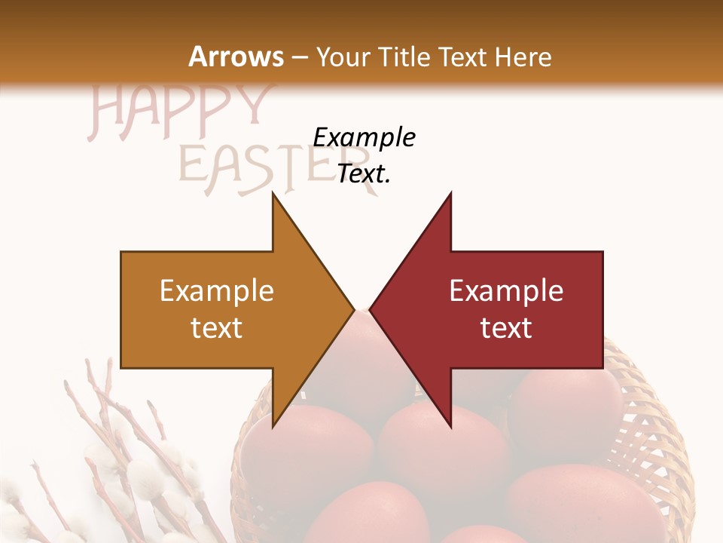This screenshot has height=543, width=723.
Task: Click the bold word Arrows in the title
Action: pyautogui.click(x=236, y=57)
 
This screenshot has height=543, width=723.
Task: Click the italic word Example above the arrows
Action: pyautogui.click(x=364, y=138)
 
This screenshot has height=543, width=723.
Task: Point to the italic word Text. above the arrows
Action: pyautogui.click(x=364, y=174)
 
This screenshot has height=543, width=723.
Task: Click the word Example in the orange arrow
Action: pyautogui.click(x=217, y=291)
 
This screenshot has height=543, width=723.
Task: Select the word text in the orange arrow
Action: pyautogui.click(x=217, y=328)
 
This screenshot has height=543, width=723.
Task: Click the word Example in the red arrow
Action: pyautogui.click(x=506, y=291)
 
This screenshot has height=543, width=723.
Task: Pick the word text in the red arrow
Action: pyautogui.click(x=506, y=328)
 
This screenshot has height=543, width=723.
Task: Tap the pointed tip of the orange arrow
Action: pyautogui.click(x=352, y=309)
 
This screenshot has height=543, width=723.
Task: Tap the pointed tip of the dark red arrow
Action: pyautogui.click(x=371, y=309)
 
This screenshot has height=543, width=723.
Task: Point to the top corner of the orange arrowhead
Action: pyautogui.click(x=273, y=195)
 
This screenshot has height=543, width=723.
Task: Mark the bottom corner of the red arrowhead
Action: pyautogui.click(x=450, y=426)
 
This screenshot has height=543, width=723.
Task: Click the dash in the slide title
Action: pyautogui.click(x=299, y=57)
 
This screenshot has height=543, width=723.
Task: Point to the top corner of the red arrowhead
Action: pyautogui.click(x=450, y=195)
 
